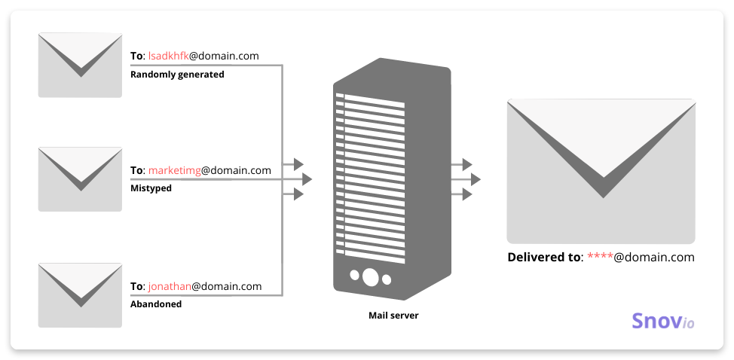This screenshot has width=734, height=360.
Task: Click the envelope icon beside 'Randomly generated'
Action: click(x=80, y=65)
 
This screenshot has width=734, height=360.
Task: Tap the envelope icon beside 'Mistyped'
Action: click(x=80, y=179)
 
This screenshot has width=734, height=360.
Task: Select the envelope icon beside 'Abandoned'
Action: click(x=80, y=295)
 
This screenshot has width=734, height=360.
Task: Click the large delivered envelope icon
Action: click(x=601, y=171)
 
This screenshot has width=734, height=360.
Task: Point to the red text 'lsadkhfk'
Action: click(x=168, y=56)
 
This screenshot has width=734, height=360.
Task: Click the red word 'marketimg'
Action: click(x=174, y=171)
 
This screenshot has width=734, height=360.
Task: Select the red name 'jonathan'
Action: click(x=170, y=286)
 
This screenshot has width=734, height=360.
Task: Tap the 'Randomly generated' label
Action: click(x=177, y=75)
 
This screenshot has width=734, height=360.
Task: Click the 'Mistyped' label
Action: click(x=151, y=188)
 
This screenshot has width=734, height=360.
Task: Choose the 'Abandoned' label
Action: click(x=156, y=304)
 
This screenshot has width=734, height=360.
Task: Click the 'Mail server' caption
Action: click(x=393, y=315)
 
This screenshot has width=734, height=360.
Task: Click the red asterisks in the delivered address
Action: click(x=600, y=257)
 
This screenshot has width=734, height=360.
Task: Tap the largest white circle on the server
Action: click(x=370, y=277)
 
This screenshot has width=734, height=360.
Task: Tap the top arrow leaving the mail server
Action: click(x=461, y=165)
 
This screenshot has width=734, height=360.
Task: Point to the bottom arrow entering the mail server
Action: click(x=293, y=194)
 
